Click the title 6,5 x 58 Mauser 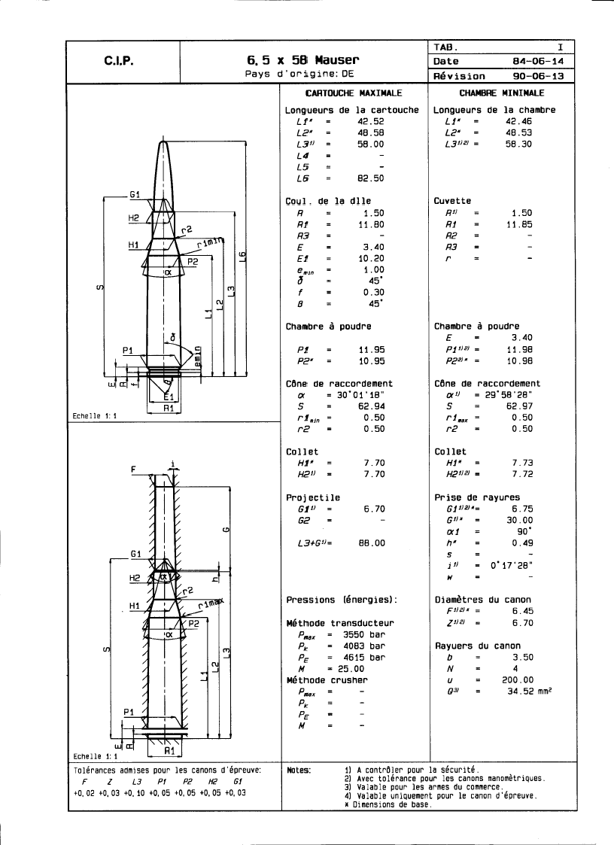click(x=302, y=59)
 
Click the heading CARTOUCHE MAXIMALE click(x=353, y=93)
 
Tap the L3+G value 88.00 click(x=370, y=543)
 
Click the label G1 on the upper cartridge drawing click(x=135, y=194)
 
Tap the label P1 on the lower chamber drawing click(x=128, y=710)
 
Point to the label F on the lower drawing click(x=133, y=469)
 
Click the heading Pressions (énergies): click(x=341, y=600)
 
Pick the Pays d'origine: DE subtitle click(x=299, y=74)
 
